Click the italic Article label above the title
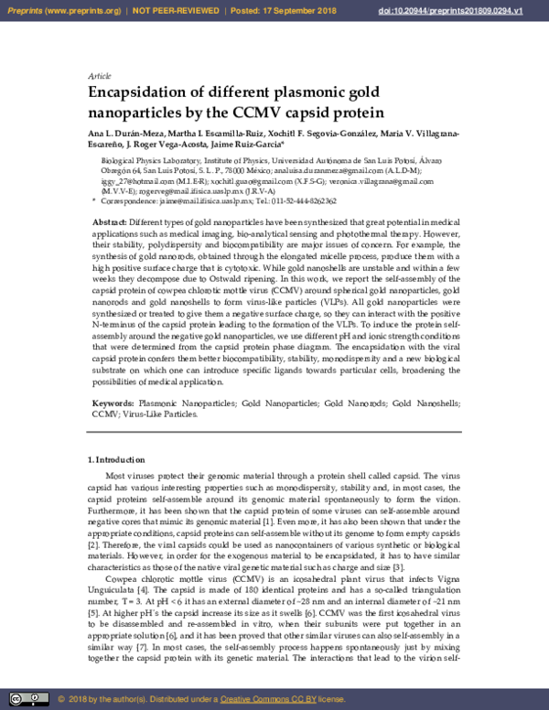99,75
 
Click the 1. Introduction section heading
115,459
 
